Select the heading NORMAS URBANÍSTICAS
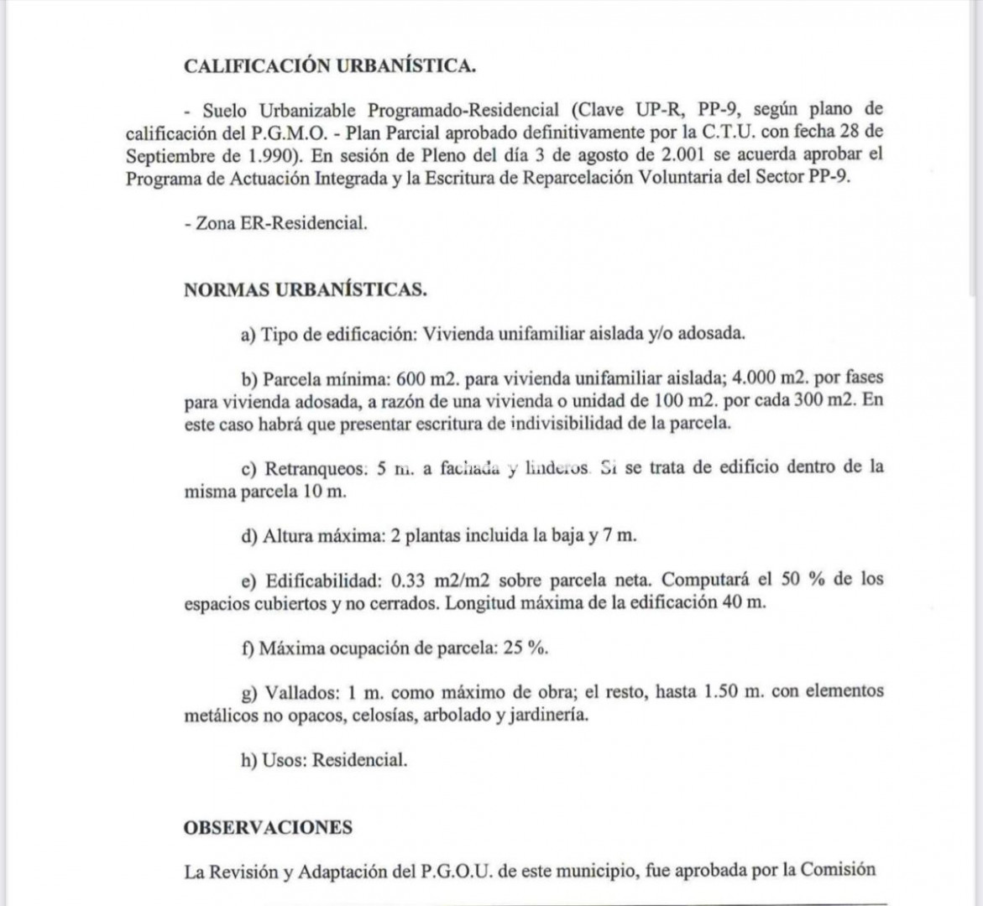coord(306,289)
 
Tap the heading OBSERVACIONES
coord(268,827)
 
